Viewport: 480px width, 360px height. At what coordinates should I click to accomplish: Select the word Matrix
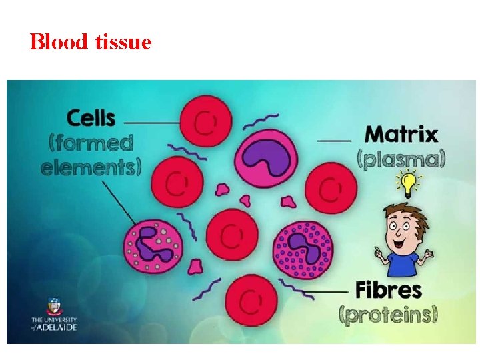[401, 135]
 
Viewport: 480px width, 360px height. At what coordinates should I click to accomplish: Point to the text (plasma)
[401, 159]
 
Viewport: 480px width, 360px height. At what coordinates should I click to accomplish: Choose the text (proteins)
[388, 314]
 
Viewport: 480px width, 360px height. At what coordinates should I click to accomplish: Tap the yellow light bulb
[405, 181]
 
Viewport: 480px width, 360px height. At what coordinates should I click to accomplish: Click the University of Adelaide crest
[53, 307]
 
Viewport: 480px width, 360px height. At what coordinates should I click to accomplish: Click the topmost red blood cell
[207, 121]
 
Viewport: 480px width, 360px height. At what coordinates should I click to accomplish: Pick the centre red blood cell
[231, 235]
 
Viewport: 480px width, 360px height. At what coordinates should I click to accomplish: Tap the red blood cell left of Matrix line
[330, 189]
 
